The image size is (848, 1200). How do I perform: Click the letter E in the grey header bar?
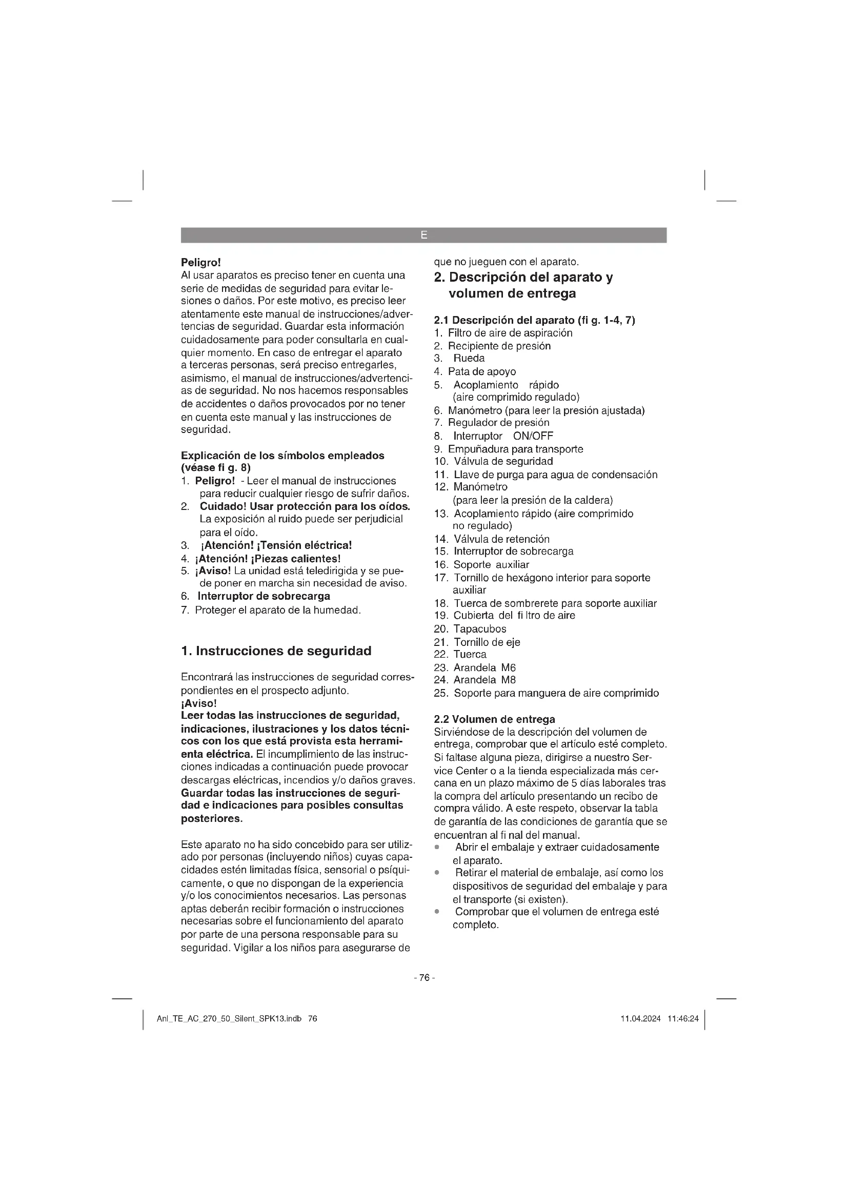click(x=423, y=235)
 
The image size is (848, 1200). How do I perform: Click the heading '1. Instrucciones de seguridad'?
click(x=276, y=651)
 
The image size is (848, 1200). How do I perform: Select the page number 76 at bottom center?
click(x=424, y=977)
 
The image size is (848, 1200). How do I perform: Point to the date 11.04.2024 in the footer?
click(x=640, y=1019)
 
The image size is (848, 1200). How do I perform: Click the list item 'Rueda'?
click(x=469, y=359)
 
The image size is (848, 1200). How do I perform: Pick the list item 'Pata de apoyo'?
click(x=481, y=371)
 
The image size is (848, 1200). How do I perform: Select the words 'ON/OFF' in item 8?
click(x=533, y=436)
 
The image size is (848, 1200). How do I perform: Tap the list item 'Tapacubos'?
click(x=479, y=629)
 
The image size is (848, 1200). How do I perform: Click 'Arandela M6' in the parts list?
click(x=484, y=667)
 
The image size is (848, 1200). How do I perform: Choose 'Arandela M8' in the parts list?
click(x=484, y=680)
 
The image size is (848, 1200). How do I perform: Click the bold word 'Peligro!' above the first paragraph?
click(x=201, y=262)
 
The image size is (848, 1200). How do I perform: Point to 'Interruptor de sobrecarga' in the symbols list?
click(x=264, y=596)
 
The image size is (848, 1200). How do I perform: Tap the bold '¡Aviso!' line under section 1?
click(x=198, y=703)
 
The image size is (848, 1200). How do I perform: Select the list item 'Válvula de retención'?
click(x=501, y=539)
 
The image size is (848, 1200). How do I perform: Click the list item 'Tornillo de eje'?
click(x=487, y=642)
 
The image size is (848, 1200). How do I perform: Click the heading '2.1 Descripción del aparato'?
click(x=534, y=320)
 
